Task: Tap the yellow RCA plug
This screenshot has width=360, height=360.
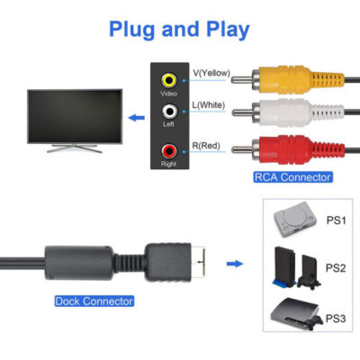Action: click(x=270, y=79)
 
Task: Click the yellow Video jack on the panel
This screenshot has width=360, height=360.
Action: click(x=168, y=79)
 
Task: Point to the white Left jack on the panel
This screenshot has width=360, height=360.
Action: click(x=168, y=113)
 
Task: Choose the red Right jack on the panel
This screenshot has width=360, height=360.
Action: click(x=168, y=148)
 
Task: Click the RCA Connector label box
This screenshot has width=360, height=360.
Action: click(x=292, y=177)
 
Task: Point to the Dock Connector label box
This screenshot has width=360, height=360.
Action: click(x=94, y=301)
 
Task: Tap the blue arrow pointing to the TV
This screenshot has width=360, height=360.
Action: click(x=136, y=116)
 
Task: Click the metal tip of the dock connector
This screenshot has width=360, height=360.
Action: click(x=203, y=264)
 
